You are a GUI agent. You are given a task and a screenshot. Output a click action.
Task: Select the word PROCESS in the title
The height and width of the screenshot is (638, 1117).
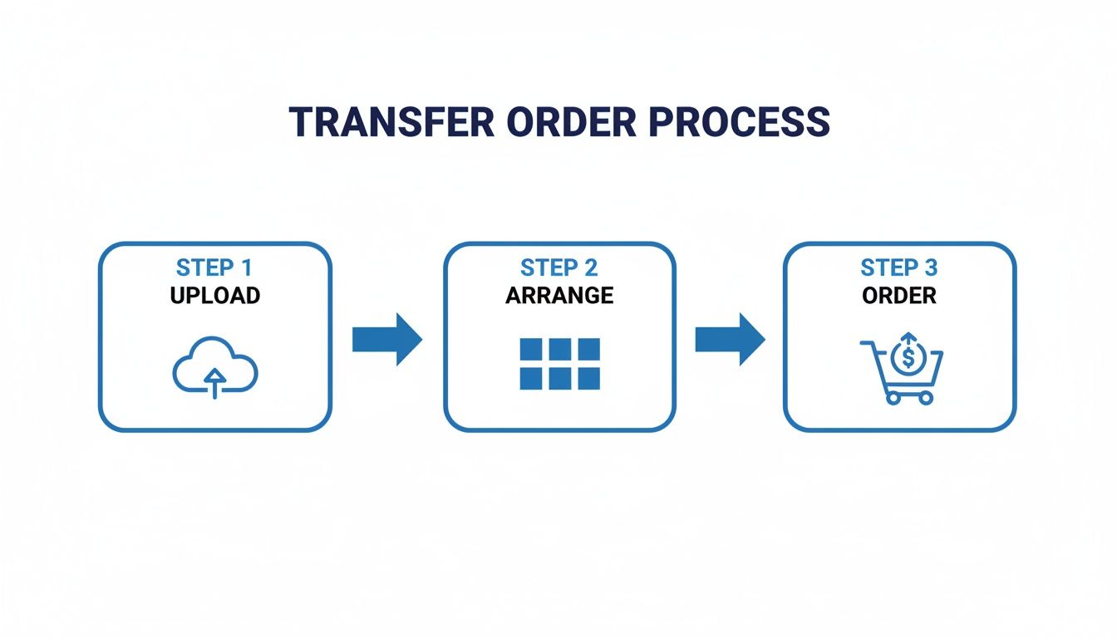[739, 122]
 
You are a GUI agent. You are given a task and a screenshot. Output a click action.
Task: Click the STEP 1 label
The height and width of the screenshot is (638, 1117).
[214, 268]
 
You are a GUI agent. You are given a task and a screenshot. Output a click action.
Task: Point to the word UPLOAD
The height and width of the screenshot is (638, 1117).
[214, 295]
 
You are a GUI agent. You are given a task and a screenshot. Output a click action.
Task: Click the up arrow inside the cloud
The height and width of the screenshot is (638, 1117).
[215, 381]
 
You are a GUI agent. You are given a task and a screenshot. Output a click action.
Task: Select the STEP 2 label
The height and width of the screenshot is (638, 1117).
[559, 268]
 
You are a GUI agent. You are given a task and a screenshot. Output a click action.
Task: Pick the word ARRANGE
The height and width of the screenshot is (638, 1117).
[559, 295]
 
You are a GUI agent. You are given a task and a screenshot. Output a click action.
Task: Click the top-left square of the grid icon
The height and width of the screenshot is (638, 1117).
[530, 349]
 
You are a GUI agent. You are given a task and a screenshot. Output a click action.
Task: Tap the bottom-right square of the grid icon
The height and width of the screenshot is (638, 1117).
[588, 379]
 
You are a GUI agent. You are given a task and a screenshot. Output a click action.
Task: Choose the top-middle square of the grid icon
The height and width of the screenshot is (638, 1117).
[559, 349]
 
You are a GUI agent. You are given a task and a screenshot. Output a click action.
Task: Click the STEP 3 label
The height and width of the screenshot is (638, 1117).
[899, 268]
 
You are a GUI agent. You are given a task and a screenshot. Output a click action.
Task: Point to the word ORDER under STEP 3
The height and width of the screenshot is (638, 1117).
[899, 295]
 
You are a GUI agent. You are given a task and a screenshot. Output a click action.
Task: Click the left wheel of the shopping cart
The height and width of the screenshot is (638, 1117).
[893, 397]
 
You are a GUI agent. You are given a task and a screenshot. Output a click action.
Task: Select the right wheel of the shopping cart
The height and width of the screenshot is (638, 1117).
[926, 397]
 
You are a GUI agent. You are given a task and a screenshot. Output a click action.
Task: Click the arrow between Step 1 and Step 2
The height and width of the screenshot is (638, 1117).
[387, 339]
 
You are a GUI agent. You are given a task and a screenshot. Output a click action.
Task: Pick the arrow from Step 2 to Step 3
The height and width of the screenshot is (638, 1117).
[730, 339]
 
